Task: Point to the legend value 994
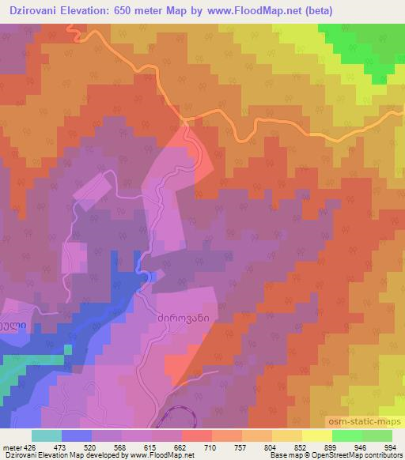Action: tap(389, 447)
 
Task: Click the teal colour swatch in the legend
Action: tap(47, 435)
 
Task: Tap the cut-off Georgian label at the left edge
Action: tap(15, 325)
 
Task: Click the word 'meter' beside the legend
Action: tap(13, 447)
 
